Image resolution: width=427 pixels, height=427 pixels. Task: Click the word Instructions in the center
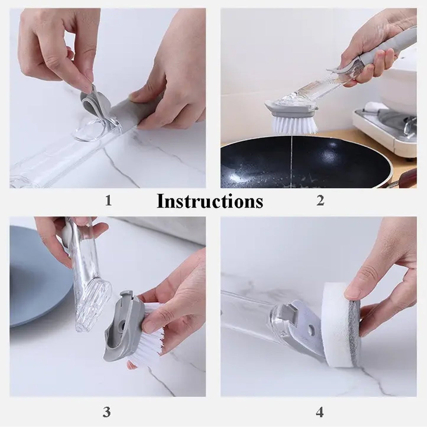coord(210,202)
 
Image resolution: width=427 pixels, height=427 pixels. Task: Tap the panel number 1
coord(108,201)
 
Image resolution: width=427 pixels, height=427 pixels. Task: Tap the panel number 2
coord(320,201)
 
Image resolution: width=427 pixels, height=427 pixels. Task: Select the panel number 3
coord(107,412)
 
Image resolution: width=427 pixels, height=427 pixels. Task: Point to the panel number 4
coord(319,412)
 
